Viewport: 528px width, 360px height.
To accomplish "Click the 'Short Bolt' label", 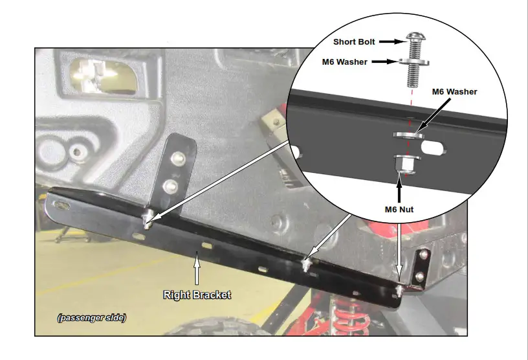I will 353,41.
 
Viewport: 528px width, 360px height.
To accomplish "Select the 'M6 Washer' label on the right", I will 454,92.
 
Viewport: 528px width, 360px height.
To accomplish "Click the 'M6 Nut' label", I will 399,208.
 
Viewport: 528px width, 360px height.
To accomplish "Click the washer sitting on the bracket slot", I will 408,134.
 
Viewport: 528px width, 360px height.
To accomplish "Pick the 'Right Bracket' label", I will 197,295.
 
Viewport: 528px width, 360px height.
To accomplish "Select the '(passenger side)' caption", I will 91,318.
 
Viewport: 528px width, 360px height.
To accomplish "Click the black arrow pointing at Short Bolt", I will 390,41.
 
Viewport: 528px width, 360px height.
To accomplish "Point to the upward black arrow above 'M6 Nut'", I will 399,189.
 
